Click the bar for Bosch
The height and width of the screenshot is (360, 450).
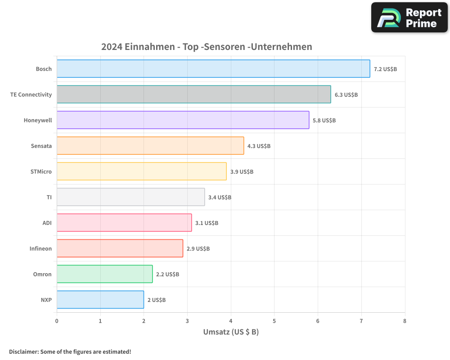(213, 69)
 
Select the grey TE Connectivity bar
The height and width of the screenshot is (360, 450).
(193, 94)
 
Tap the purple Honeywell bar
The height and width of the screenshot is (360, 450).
(183, 120)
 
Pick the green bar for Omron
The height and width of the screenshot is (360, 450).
(104, 274)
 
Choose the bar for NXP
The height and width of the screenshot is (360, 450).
(100, 300)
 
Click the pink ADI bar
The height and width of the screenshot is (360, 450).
(124, 223)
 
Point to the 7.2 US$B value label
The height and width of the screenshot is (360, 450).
(385, 69)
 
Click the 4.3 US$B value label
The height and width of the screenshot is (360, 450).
(259, 146)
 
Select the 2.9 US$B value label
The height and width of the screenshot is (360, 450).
(198, 249)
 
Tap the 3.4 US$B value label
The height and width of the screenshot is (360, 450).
(220, 198)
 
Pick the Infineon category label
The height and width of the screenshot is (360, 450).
(40, 249)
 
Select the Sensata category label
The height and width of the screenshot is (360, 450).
(41, 146)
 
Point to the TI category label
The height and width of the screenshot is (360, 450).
(49, 198)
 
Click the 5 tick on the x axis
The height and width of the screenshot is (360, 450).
(274, 321)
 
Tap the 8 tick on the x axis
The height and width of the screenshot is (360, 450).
(405, 321)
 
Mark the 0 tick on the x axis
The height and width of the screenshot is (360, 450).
(57, 321)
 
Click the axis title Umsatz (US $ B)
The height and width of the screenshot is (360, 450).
(231, 333)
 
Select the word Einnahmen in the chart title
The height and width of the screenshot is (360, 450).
(151, 47)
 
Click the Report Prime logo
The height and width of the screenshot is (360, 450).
(409, 18)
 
